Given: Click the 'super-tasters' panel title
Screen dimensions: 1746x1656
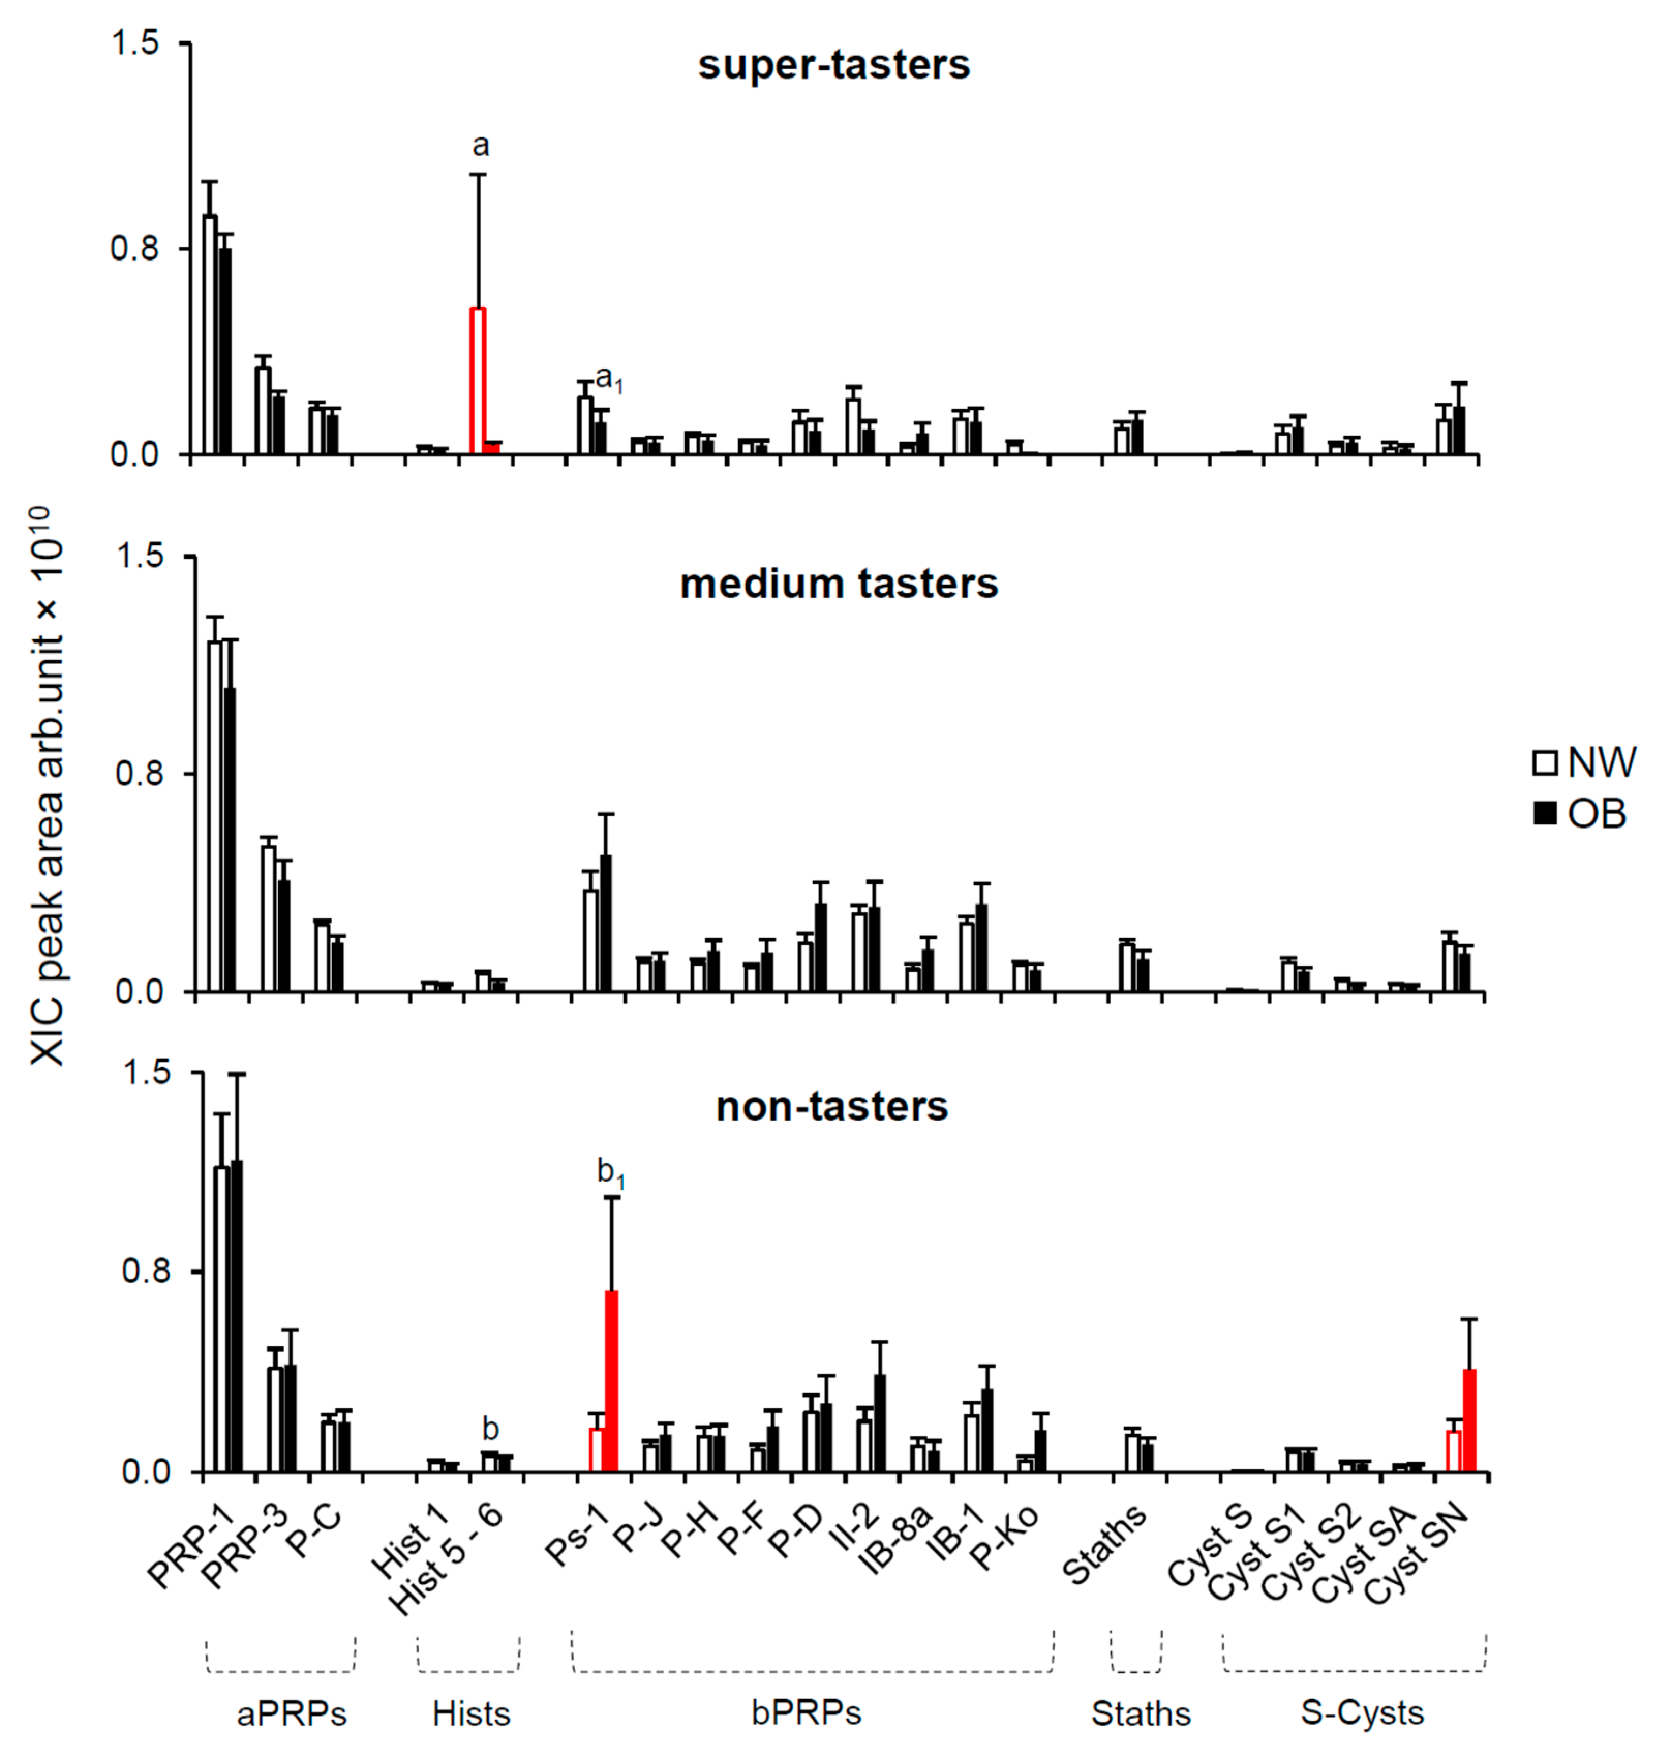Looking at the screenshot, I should (x=833, y=65).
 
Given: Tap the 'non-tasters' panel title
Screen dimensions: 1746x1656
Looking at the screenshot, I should (x=831, y=1106).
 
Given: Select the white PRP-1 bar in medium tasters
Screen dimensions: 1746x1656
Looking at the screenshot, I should (x=215, y=816).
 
